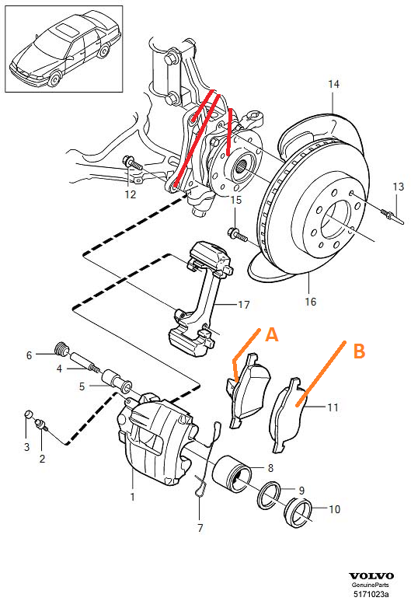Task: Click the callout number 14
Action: [x=333, y=83]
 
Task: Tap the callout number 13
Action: [x=398, y=187]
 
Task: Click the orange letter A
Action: [x=271, y=334]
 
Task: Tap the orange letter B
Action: [x=359, y=351]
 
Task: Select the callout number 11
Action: [x=333, y=406]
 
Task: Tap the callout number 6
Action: [x=29, y=355]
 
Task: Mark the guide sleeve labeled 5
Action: [x=120, y=383]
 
